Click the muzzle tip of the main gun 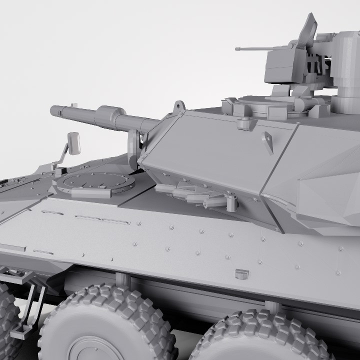coord(53,110)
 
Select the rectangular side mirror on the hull coord(74,143)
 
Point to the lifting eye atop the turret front coord(178,107)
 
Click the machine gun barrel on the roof coord(250,49)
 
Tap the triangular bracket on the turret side coord(268,142)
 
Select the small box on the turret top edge coord(244,123)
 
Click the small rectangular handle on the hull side coord(241,273)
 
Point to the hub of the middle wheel coord(95,350)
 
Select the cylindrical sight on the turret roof coord(345,70)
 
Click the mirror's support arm coord(61,154)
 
